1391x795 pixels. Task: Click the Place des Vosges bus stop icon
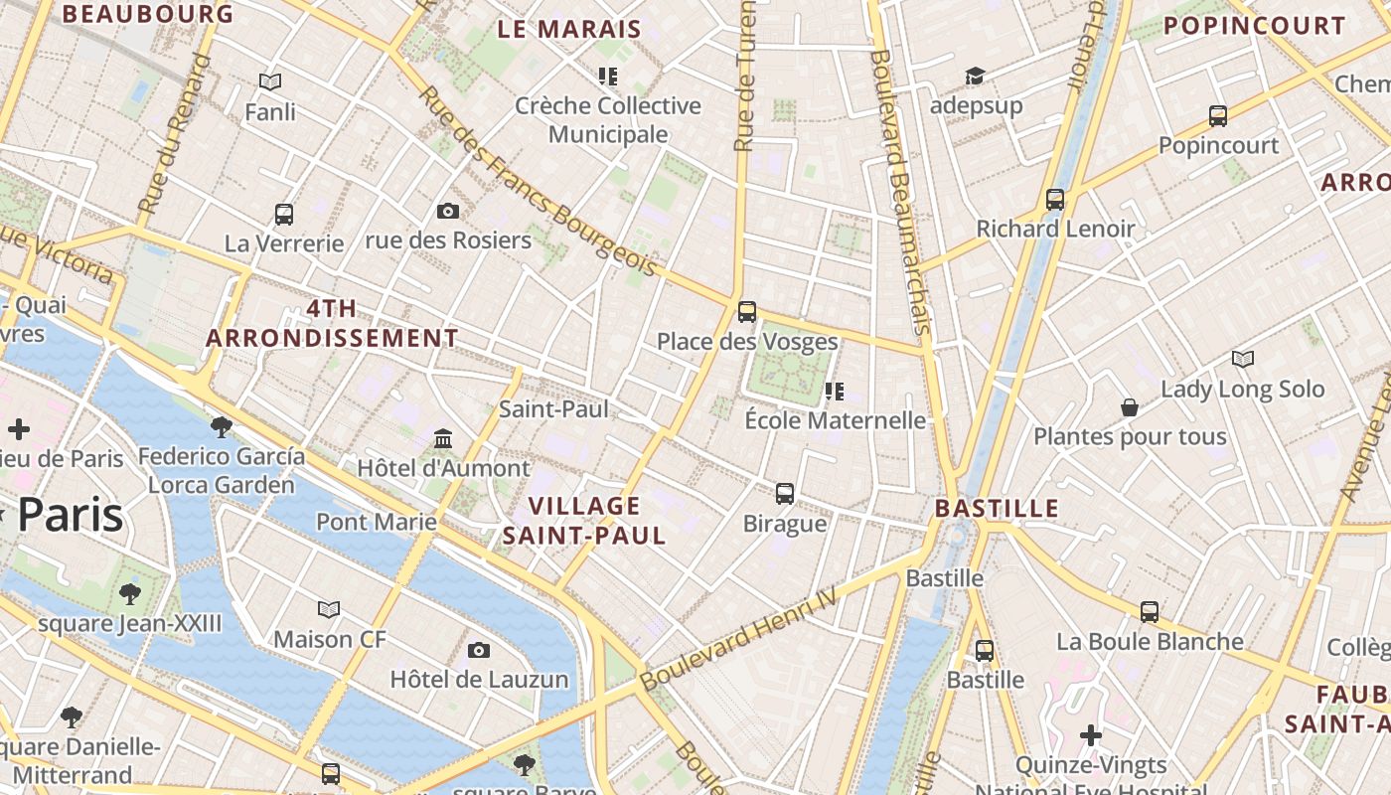pyautogui.click(x=747, y=312)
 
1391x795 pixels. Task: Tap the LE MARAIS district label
pyautogui.click(x=569, y=29)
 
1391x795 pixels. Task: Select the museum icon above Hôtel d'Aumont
pyautogui.click(x=443, y=438)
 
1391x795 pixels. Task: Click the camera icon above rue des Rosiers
pyautogui.click(x=448, y=211)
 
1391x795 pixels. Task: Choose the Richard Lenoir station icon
pyautogui.click(x=1055, y=200)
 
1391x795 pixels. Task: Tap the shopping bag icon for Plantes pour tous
pyautogui.click(x=1130, y=407)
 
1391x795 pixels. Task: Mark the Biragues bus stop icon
pyautogui.click(x=785, y=493)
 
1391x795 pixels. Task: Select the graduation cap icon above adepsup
pyautogui.click(x=975, y=77)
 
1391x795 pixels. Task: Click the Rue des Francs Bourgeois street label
pyautogui.click(x=538, y=182)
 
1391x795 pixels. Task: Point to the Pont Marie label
pyautogui.click(x=377, y=522)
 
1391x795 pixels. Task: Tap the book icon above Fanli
pyautogui.click(x=270, y=82)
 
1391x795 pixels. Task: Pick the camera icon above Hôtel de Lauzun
pyautogui.click(x=479, y=650)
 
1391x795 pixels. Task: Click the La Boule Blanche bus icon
pyautogui.click(x=1150, y=612)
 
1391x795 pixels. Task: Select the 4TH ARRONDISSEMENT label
pyautogui.click(x=332, y=323)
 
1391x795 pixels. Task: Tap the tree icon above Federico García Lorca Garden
pyautogui.click(x=222, y=427)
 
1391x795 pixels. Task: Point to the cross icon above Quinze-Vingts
pyautogui.click(x=1091, y=735)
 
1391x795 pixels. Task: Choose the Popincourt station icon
pyautogui.click(x=1218, y=116)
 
